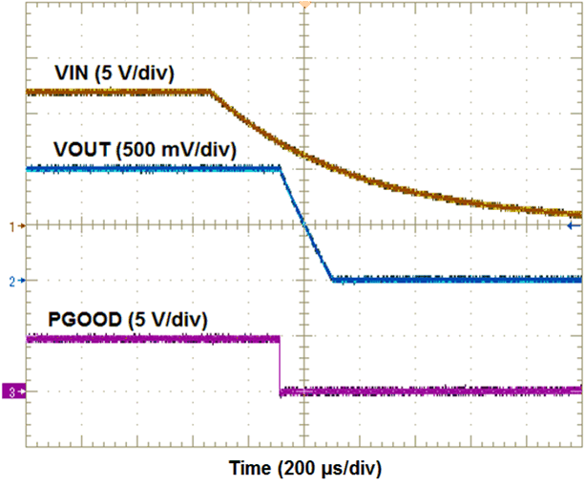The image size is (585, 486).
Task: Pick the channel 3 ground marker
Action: (x=12, y=391)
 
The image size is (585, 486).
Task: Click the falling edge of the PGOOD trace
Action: (x=280, y=365)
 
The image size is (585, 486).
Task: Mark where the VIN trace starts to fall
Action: (x=210, y=92)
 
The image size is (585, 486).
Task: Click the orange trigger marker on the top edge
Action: (x=304, y=4)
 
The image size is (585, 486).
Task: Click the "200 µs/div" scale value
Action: (x=330, y=469)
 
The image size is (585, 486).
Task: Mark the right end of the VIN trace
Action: (x=579, y=215)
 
